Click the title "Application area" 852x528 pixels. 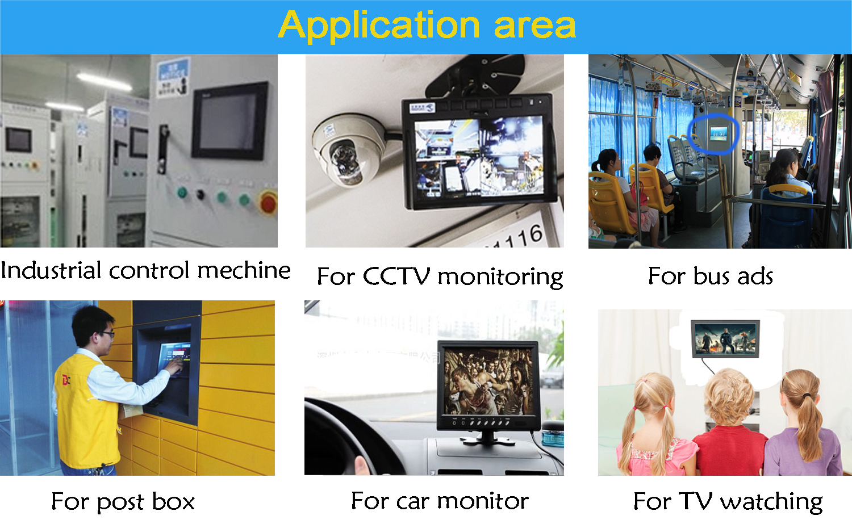click(x=427, y=26)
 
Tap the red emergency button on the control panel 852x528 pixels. click(x=269, y=203)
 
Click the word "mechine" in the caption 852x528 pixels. click(x=244, y=271)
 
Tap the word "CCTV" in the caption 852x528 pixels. click(x=396, y=276)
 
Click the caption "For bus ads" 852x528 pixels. click(x=711, y=275)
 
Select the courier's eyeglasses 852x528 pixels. click(x=107, y=334)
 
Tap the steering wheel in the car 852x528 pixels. click(x=350, y=437)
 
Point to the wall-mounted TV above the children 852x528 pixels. click(x=725, y=339)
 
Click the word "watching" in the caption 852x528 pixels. click(x=771, y=502)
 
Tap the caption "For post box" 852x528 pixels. click(x=123, y=502)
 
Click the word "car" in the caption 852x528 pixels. click(x=413, y=502)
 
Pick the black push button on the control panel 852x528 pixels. click(x=201, y=195)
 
